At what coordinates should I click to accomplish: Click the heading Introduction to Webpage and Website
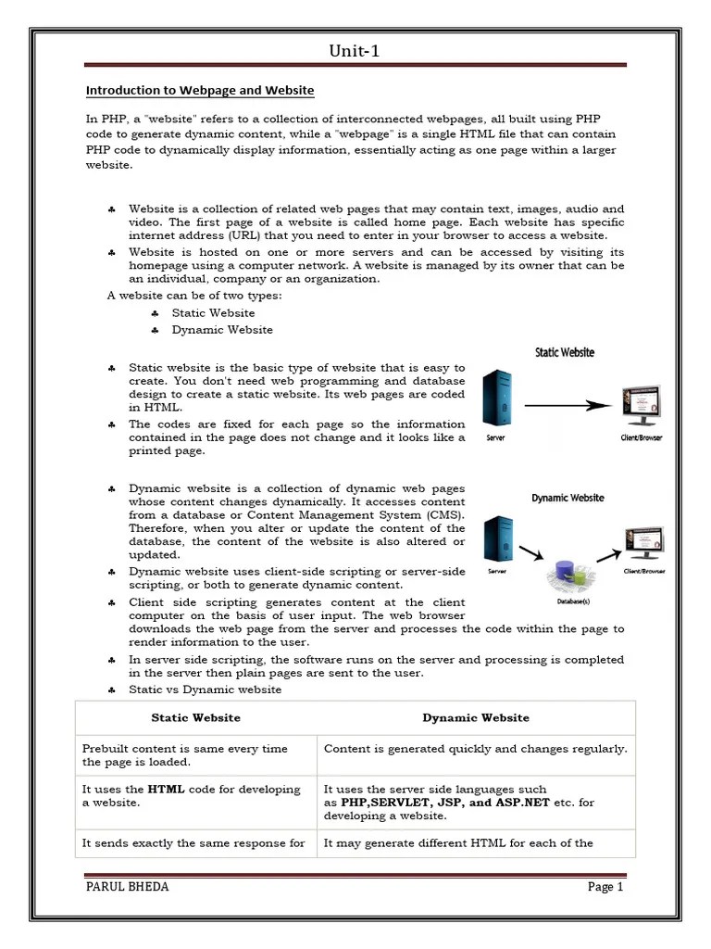point(200,91)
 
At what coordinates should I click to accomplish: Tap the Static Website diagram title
point(565,353)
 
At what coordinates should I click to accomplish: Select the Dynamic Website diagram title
point(568,498)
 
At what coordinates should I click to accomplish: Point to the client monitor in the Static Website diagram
point(640,404)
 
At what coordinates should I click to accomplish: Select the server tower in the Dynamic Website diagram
point(497,541)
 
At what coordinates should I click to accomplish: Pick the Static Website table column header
point(195,717)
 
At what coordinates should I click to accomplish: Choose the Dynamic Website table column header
point(476,717)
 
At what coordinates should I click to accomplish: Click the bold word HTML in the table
point(166,790)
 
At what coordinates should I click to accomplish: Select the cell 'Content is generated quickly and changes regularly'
point(475,749)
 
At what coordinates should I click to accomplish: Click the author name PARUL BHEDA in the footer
point(127,887)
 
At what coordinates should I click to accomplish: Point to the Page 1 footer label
point(605,887)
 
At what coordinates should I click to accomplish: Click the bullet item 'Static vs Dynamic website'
point(205,690)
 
